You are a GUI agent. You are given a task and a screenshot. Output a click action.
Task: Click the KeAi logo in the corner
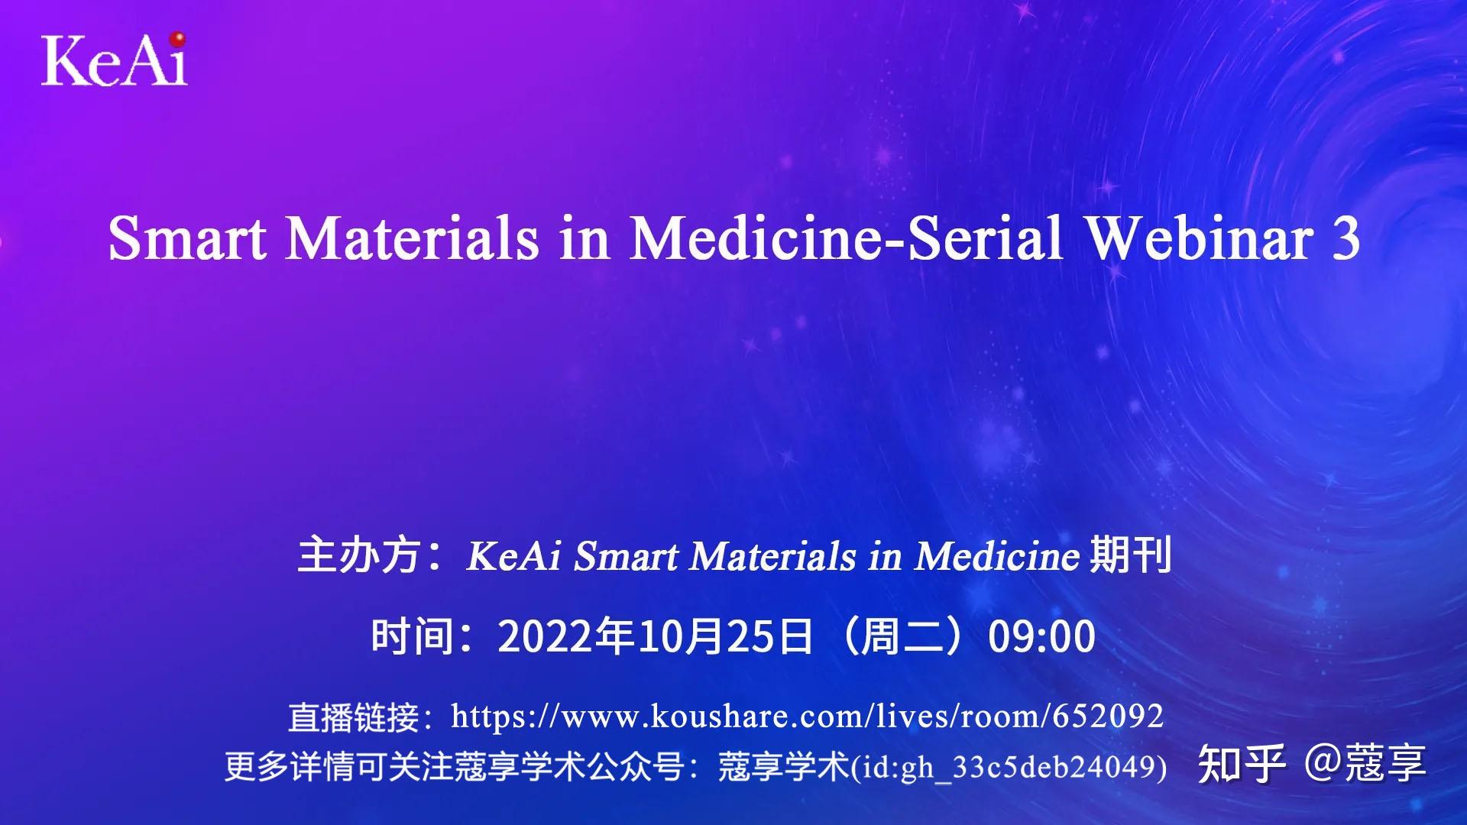tap(114, 60)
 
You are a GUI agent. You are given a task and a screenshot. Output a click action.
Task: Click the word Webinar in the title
tap(1198, 238)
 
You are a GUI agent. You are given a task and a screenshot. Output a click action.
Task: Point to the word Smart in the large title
tap(188, 238)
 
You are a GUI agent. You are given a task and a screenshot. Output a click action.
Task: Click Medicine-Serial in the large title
tap(846, 238)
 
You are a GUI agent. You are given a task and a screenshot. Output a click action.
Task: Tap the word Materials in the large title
tap(413, 238)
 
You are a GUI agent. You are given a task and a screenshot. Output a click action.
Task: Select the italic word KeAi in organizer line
tap(513, 555)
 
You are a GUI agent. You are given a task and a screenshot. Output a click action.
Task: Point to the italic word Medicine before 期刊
tap(997, 555)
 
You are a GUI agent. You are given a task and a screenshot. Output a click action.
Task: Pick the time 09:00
tap(1041, 636)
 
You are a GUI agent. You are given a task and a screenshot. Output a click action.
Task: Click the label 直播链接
tap(353, 717)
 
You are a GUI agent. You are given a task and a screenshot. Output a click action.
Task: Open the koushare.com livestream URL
tap(806, 717)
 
